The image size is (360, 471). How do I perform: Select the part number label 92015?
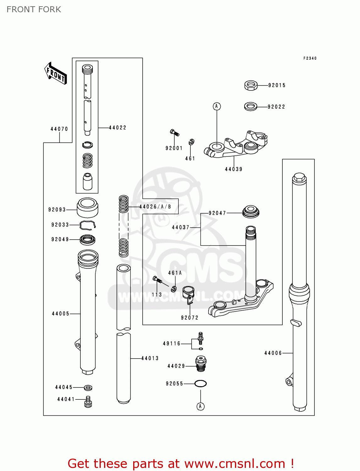(277, 85)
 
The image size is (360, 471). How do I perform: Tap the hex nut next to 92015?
(251, 85)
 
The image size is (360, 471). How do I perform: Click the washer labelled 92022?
(250, 106)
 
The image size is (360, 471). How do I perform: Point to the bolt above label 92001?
(174, 133)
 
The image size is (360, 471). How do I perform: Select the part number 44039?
(234, 169)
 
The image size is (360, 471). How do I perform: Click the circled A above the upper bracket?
(216, 106)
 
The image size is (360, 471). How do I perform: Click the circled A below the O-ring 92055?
(200, 406)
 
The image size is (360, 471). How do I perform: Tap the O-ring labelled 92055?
(200, 383)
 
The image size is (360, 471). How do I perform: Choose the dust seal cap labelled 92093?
(88, 208)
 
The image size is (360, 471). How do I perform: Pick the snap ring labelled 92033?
(88, 225)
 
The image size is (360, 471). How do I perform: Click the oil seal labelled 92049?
(87, 240)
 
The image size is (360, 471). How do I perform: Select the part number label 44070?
(59, 129)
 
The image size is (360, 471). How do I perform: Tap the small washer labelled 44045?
(88, 387)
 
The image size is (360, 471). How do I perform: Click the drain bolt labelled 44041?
(88, 402)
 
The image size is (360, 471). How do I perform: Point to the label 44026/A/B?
(155, 207)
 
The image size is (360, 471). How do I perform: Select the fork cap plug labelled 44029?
(201, 364)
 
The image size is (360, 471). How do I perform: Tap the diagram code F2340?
(310, 58)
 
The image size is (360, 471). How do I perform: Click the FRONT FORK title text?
(34, 9)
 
